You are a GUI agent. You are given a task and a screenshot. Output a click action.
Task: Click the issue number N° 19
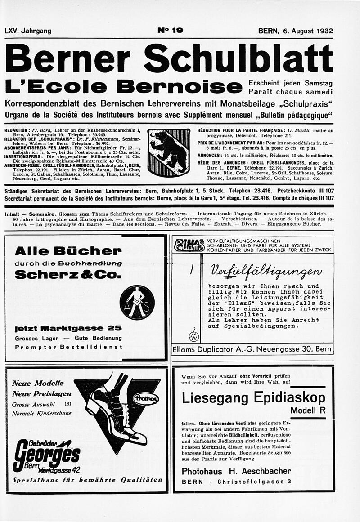coord(170,31)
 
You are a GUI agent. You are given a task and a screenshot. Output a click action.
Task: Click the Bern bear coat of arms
coord(169,152)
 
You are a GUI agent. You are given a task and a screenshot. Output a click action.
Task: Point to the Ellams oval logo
coord(189,245)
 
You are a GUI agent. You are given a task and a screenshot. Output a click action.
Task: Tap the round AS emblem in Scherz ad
coord(137,302)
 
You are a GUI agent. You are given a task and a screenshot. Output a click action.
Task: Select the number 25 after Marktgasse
coord(115,328)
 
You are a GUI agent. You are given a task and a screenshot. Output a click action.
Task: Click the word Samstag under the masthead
coord(318,83)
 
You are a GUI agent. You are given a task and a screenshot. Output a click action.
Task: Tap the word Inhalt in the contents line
coord(12,214)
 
